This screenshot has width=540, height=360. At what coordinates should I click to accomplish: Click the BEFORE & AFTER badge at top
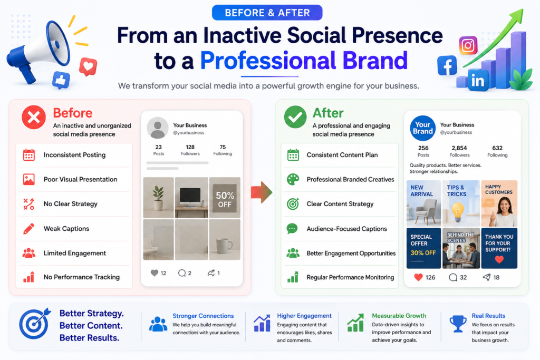click(267, 13)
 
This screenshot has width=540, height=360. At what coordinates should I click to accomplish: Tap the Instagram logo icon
click(468, 45)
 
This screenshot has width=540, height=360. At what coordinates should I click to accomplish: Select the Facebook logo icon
click(447, 65)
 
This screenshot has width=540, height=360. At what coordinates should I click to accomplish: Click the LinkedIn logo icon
click(478, 81)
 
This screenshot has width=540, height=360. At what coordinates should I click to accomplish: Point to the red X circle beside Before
click(34, 118)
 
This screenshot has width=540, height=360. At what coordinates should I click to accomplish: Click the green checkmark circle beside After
click(295, 117)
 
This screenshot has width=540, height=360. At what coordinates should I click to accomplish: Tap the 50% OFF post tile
click(225, 198)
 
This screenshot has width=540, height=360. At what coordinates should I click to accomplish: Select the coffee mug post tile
click(225, 239)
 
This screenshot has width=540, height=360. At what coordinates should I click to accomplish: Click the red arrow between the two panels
click(262, 192)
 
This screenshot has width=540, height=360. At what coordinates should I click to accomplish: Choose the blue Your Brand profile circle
click(422, 128)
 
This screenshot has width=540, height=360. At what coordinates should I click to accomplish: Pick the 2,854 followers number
click(459, 148)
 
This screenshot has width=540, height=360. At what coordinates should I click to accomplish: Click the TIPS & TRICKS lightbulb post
click(461, 203)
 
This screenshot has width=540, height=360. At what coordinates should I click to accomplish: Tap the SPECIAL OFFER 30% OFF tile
click(423, 248)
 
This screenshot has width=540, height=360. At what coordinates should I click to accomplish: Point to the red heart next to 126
click(418, 277)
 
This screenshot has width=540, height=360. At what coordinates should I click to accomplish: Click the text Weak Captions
click(66, 229)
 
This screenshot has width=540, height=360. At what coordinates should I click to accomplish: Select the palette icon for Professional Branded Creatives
click(293, 179)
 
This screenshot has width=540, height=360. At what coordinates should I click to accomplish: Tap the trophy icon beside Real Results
click(458, 324)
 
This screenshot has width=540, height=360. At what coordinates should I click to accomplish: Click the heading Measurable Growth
click(399, 316)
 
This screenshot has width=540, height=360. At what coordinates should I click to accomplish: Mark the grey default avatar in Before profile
click(157, 128)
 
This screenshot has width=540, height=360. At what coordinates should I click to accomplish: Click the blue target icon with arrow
click(34, 324)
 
